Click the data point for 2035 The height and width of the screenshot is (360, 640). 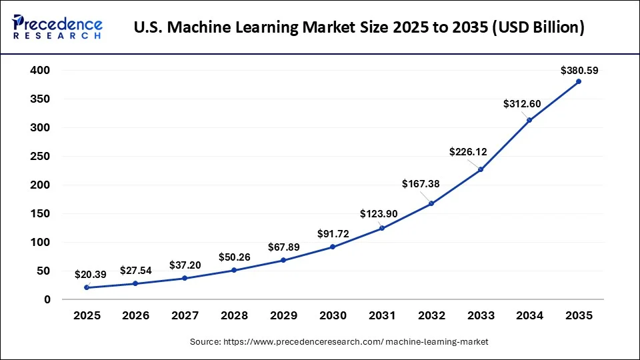tap(579, 81)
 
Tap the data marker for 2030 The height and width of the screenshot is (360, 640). tap(333, 247)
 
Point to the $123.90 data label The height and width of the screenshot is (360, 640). tap(378, 214)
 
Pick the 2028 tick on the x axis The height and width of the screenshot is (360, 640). tap(234, 315)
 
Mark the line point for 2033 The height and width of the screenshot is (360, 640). tap(480, 169)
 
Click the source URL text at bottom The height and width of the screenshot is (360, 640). tap(339, 341)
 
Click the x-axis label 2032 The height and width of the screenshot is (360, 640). tap(431, 315)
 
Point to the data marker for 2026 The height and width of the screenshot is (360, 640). tap(135, 283)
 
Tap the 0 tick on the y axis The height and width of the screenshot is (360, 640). tap(47, 299)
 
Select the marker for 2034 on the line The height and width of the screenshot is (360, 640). tap(529, 120)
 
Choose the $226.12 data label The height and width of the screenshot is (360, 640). tap(468, 152)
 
